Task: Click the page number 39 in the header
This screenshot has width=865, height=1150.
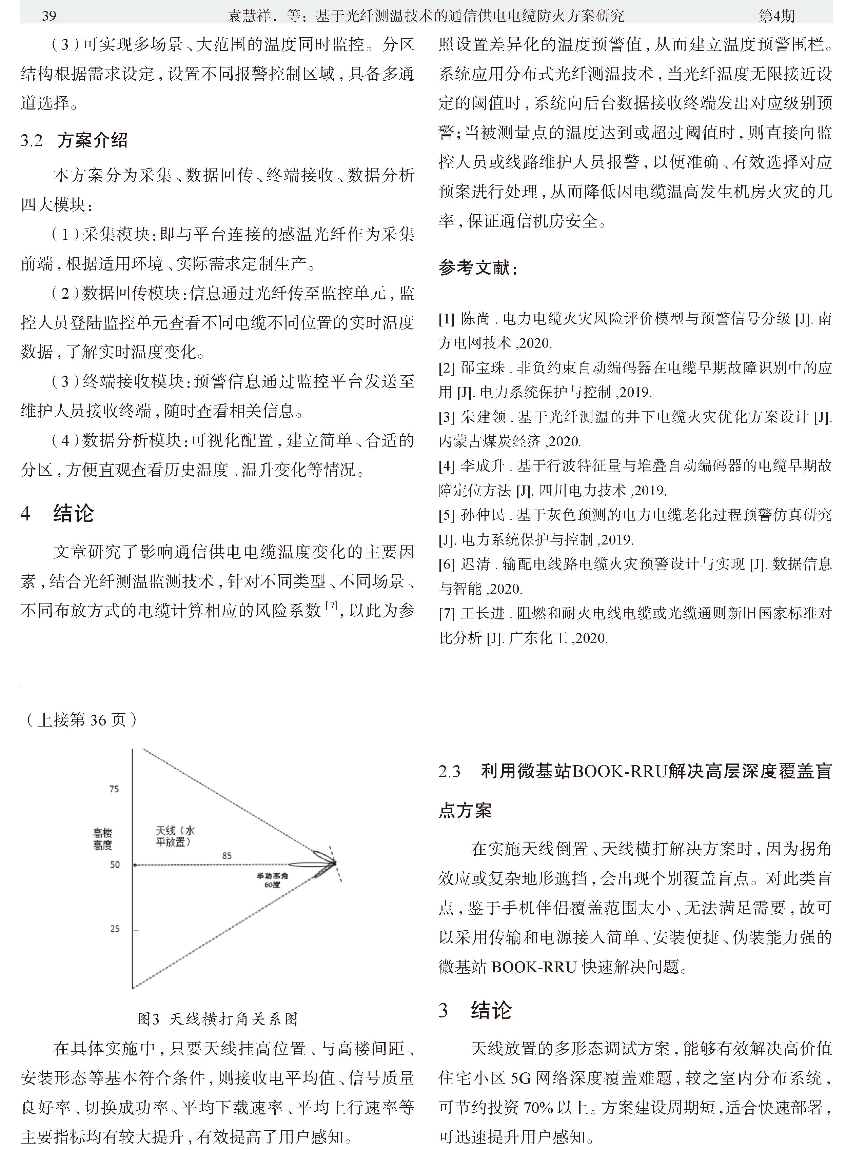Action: tap(48, 16)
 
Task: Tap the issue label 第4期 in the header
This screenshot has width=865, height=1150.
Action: tap(776, 16)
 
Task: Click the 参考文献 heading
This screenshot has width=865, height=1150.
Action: tap(478, 268)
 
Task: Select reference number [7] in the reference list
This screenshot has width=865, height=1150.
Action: tap(447, 613)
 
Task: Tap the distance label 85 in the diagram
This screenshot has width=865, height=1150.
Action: tap(227, 855)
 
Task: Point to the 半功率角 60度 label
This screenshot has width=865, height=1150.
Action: tap(272, 880)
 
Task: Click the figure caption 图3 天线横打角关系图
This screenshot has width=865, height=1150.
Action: tap(218, 1018)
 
